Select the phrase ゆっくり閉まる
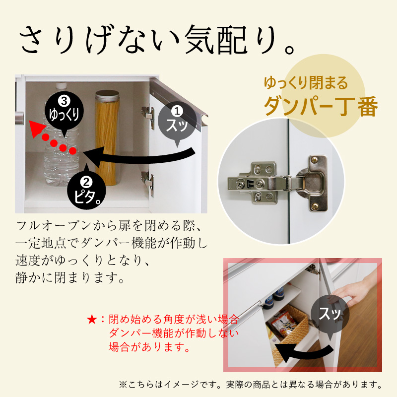(x=306, y=82)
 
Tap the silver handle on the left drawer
(x=19, y=119)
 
